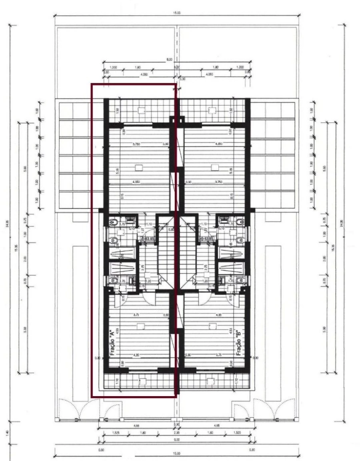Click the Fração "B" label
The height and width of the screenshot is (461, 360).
coord(239,343)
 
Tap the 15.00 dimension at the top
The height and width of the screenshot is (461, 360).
coord(176,13)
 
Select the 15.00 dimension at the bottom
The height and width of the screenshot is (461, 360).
coord(176,453)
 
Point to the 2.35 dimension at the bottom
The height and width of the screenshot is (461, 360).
coord(176,433)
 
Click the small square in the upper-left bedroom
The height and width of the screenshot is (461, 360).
coord(139,167)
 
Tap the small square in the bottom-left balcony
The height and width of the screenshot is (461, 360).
coord(142,381)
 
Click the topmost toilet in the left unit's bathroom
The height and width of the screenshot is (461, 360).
coord(114,221)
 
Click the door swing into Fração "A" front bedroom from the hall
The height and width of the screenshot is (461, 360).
coord(147,296)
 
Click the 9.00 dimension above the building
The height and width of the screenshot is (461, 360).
coord(170,60)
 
